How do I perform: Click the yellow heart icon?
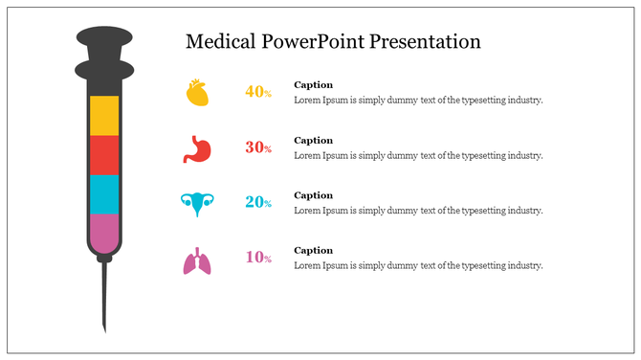point(197,93)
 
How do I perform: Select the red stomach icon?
point(196,147)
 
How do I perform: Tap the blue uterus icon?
point(197,203)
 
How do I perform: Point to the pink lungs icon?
point(196,260)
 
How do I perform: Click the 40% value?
point(258,92)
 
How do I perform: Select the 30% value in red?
point(258,147)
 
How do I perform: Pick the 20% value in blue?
point(258,202)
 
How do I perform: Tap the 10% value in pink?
point(258,258)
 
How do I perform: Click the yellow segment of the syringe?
point(104,115)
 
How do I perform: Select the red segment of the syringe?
point(104,155)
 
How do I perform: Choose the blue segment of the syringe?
point(104,194)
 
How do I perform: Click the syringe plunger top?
point(103,40)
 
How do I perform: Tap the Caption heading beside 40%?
point(313,85)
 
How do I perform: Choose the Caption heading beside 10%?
point(313,251)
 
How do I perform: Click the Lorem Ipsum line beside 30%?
point(418,155)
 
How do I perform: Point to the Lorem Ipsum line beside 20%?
point(418,211)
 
